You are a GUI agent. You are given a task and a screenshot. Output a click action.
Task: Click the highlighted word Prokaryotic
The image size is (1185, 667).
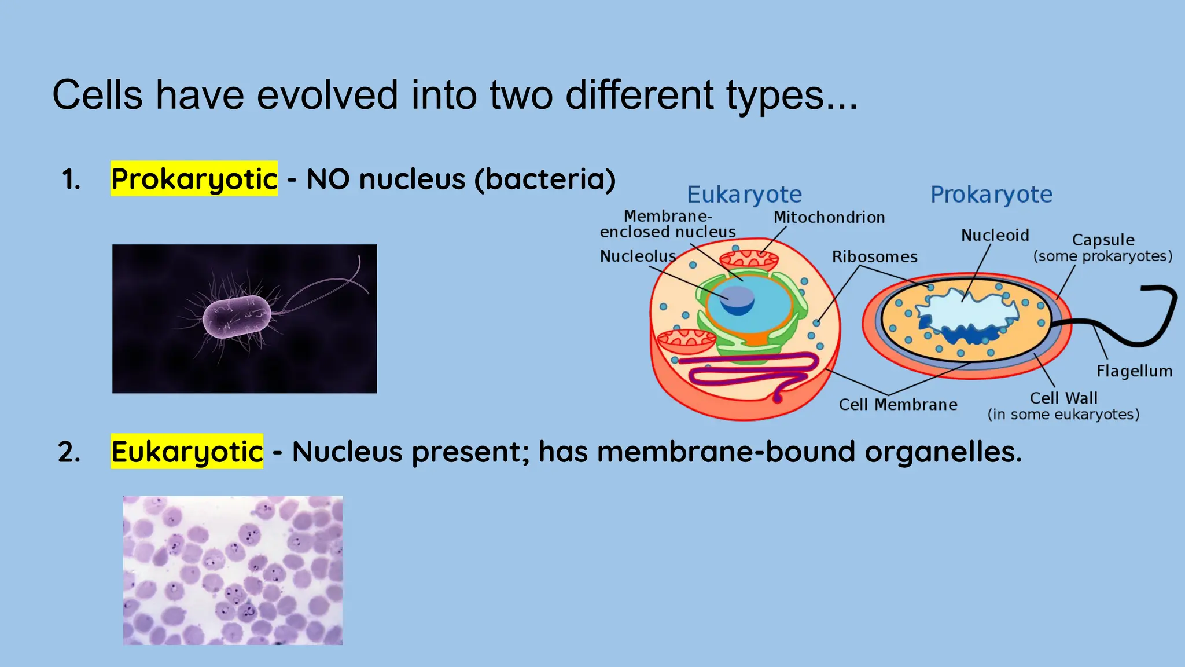coord(194,179)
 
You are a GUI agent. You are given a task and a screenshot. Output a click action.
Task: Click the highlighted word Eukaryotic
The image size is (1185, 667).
coord(187,452)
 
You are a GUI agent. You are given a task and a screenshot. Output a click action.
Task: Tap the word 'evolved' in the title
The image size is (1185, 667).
coord(327,95)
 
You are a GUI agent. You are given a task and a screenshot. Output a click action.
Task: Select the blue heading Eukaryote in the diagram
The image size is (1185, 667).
coord(744,195)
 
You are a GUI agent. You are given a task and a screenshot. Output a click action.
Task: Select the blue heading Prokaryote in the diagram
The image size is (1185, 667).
coord(991,195)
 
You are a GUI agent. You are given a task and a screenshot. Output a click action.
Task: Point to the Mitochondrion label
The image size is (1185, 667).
coord(829,218)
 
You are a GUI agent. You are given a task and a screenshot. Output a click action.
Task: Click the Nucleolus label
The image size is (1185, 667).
coord(638,256)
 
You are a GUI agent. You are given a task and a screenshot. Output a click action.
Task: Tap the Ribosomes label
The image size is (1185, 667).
coord(874,257)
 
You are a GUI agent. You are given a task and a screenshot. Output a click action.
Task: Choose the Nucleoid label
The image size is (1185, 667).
coord(995,236)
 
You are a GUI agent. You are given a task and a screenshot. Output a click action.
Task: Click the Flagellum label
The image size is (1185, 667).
coord(1134,371)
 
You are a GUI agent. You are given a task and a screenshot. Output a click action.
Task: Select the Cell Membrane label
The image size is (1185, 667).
coord(898,405)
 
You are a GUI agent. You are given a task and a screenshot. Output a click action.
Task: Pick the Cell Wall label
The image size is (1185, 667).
coord(1063,398)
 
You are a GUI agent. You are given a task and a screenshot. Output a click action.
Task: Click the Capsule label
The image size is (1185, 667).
coord(1103,240)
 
